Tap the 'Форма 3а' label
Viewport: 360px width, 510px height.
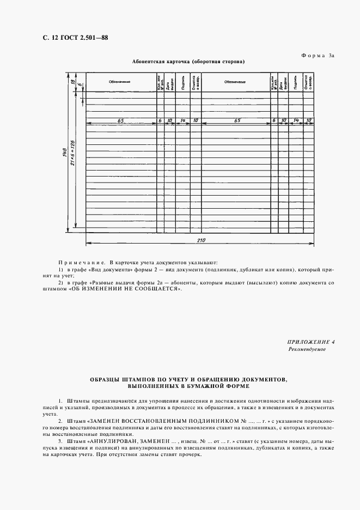tap(319, 56)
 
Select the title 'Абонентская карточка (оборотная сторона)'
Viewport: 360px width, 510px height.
tap(188, 62)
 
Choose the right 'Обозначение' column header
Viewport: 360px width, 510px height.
tap(235, 82)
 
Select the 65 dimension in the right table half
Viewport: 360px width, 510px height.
tap(237, 120)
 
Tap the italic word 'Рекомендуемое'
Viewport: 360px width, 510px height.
tap(307, 349)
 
